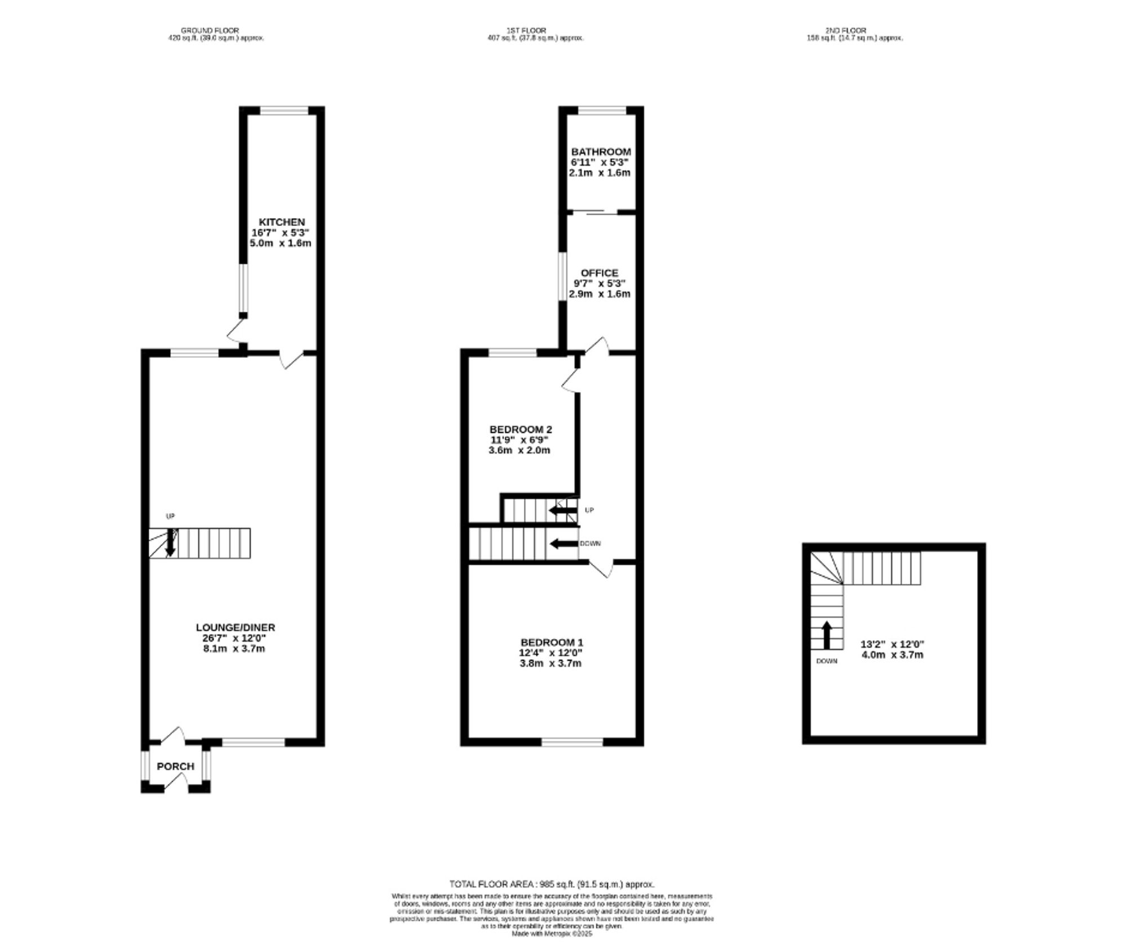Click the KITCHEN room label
click(281, 222)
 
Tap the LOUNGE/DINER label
click(235, 627)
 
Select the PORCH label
click(175, 766)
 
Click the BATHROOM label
click(601, 152)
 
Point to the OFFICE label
click(600, 273)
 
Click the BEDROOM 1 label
click(551, 642)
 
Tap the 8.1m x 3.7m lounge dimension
click(234, 649)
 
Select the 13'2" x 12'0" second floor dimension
click(893, 644)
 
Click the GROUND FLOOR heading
click(210, 30)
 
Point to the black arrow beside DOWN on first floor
click(563, 544)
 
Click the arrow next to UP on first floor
click(562, 511)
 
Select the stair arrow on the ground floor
click(170, 543)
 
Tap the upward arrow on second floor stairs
click(827, 635)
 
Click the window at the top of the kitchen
click(284, 110)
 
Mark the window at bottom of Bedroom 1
click(572, 742)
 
